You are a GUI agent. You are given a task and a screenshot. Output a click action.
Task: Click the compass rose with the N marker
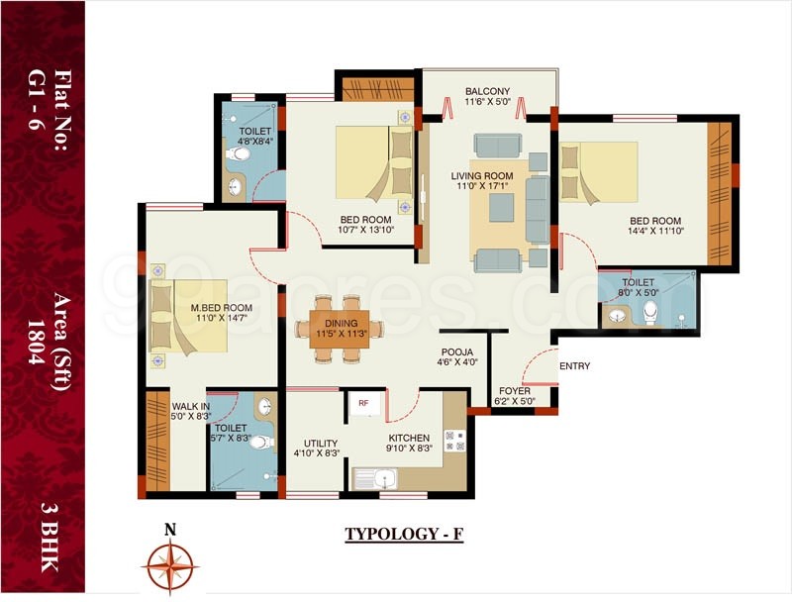tap(170, 563)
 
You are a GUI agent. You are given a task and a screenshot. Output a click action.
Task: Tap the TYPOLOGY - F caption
tap(404, 535)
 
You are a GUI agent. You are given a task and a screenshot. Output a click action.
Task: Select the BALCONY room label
tap(488, 92)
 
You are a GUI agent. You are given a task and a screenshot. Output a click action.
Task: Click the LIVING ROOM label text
tap(488, 174)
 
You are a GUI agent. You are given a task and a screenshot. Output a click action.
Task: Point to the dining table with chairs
tap(339, 328)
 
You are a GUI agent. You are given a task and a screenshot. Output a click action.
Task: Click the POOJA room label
tap(457, 351)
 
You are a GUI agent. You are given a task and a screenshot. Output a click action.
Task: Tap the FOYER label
tap(515, 390)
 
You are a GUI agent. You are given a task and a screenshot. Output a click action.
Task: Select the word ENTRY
tap(574, 366)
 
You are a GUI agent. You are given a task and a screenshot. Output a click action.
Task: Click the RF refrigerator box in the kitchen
tap(363, 404)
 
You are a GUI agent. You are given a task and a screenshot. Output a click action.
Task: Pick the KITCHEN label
tap(409, 438)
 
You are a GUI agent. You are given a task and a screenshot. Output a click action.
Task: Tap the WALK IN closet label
tap(189, 406)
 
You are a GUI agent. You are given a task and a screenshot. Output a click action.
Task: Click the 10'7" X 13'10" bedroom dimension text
tap(366, 232)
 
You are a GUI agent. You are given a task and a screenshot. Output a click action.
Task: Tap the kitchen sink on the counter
tap(378, 480)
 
